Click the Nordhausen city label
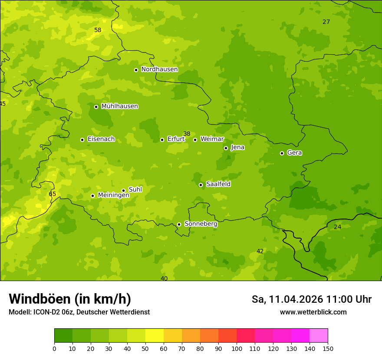click(x=159, y=69)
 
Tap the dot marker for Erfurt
click(x=162, y=140)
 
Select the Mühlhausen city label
click(x=119, y=106)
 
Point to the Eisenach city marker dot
click(x=82, y=140)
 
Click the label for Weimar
click(x=212, y=139)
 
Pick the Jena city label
click(x=237, y=147)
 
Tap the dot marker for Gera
click(x=282, y=153)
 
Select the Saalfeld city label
click(x=218, y=184)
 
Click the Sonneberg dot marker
click(x=179, y=224)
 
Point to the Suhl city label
click(x=135, y=190)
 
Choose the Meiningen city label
click(x=113, y=195)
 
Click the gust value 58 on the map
click(x=98, y=30)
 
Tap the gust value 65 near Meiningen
click(x=52, y=194)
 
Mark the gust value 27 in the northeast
click(x=326, y=22)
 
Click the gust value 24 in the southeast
click(x=337, y=227)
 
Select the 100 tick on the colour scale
click(x=237, y=348)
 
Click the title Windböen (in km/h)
click(x=70, y=299)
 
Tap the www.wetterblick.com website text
click(x=313, y=312)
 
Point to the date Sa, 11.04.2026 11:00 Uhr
click(x=311, y=299)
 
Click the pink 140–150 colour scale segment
click(x=319, y=336)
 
